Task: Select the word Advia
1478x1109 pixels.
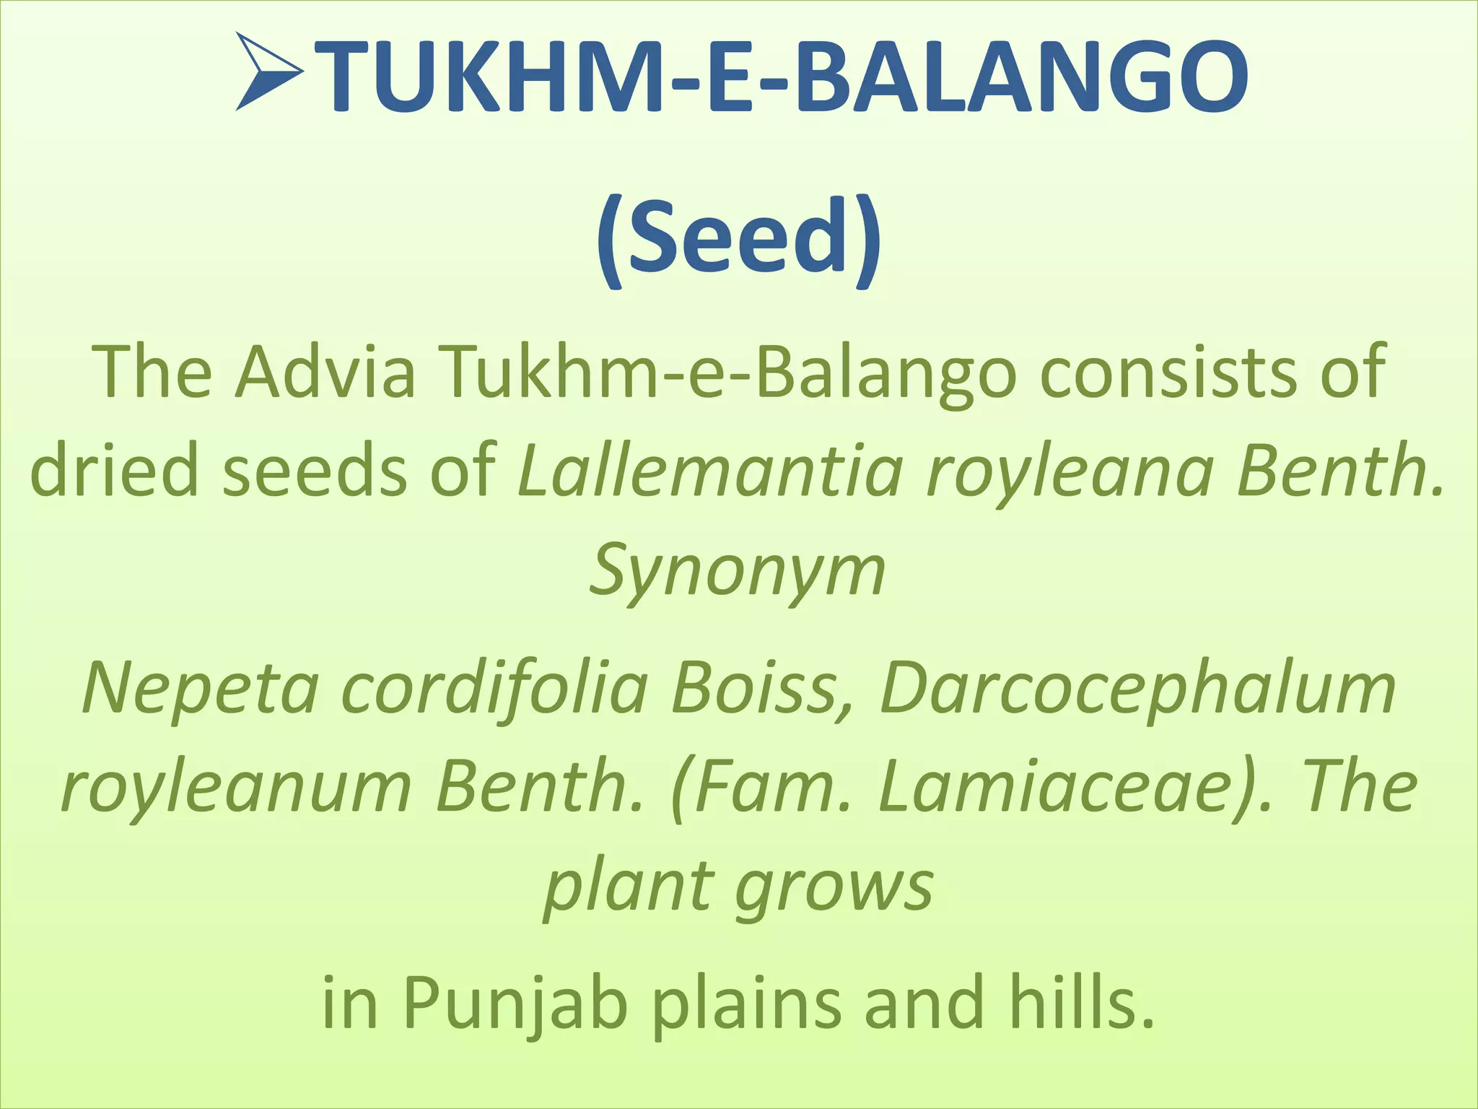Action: click(325, 373)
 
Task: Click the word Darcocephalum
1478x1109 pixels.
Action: click(1137, 690)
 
